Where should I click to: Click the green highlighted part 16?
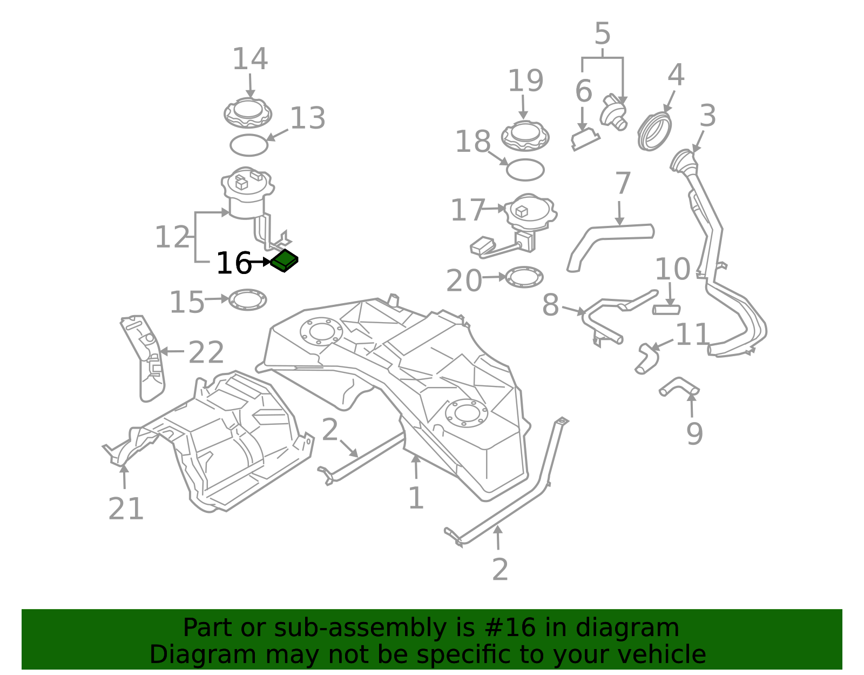[x=284, y=261]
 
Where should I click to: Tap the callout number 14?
[x=250, y=59]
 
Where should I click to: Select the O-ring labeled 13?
[x=249, y=145]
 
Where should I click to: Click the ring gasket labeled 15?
[x=248, y=300]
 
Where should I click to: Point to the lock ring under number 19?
[x=525, y=136]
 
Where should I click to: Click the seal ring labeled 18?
[x=525, y=170]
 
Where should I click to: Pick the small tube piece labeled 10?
[x=666, y=310]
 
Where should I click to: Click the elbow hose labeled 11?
[x=647, y=359]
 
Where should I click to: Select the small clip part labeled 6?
[x=585, y=139]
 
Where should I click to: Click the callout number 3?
[x=707, y=116]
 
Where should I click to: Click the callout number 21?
[x=126, y=509]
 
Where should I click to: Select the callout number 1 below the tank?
[x=416, y=498]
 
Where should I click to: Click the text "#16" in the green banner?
[x=510, y=628]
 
